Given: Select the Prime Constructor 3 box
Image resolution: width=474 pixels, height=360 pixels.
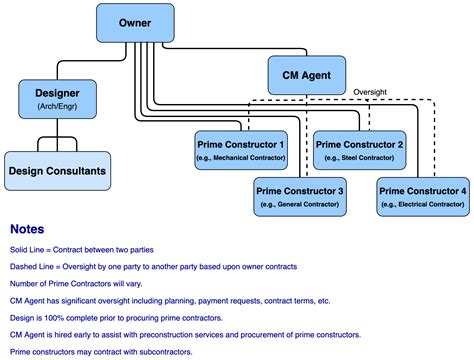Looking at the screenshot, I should tap(300, 195).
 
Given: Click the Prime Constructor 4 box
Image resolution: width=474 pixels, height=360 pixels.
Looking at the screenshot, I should tap(421, 195).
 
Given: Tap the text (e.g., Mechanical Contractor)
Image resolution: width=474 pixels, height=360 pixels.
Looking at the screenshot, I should tap(240, 158).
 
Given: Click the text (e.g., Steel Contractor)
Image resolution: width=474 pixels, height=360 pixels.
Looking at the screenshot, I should tap(361, 158).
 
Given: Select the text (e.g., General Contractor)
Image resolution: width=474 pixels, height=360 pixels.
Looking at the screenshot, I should tap(300, 204).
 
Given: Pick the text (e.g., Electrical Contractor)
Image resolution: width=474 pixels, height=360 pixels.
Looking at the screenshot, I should tap(421, 204).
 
